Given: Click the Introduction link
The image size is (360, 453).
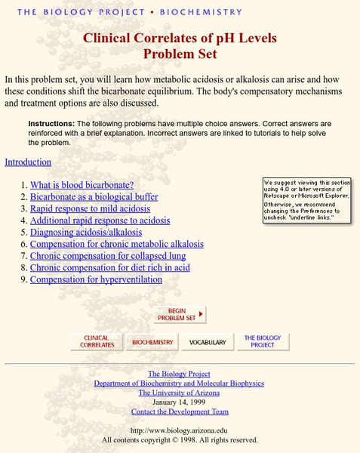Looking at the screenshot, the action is [28, 162].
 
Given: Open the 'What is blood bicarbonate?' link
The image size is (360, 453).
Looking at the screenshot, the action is [82, 185].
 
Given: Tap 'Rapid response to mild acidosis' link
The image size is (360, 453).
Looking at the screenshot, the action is [90, 208].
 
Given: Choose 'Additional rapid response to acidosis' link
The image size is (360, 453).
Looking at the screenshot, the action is [100, 220].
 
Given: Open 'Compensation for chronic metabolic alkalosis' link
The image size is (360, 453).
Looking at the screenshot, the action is [117, 244].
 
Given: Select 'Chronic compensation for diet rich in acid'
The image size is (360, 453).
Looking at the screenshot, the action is [110, 267].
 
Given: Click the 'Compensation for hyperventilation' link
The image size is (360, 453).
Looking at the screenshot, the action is [96, 279].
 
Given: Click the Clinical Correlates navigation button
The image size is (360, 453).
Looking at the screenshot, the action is [97, 342].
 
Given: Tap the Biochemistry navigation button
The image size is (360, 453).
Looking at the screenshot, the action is [152, 342].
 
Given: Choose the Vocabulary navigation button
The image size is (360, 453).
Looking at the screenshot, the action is [207, 342].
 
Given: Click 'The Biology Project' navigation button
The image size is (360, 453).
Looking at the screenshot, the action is [262, 342].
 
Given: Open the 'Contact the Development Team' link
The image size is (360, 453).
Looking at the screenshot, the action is [179, 411].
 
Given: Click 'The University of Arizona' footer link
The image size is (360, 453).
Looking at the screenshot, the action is [179, 393].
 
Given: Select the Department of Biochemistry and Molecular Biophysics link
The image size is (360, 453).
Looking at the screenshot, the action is [179, 384].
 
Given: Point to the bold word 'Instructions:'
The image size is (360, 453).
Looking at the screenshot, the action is [51, 123].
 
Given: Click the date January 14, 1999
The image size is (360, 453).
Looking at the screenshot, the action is [179, 402].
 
